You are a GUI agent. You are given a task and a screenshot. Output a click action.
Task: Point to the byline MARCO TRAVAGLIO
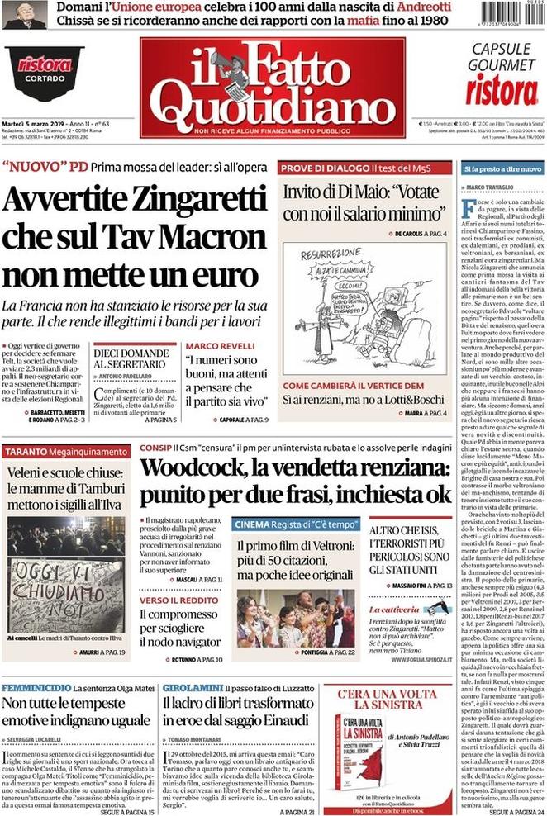(492, 187)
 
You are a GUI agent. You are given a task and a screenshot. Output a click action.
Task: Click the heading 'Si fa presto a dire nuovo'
(502, 168)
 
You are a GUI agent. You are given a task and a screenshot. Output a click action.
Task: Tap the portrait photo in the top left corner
(24, 14)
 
